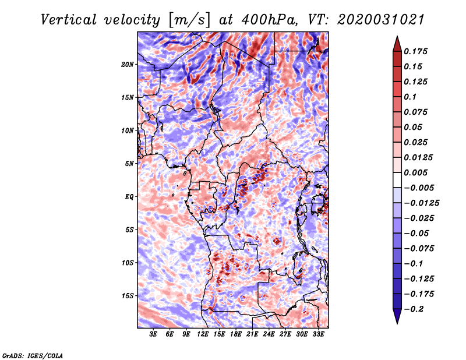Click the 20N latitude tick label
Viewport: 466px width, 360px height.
pos(128,64)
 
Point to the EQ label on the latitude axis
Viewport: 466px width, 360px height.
pos(129,196)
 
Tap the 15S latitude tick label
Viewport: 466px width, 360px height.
pos(128,295)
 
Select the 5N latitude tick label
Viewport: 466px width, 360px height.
pos(129,163)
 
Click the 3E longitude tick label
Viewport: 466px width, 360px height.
pos(153,334)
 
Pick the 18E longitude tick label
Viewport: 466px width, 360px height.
pos(236,334)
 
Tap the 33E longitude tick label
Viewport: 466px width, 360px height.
pos(318,334)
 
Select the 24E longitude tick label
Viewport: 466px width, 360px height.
pos(269,334)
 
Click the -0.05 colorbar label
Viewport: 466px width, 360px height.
pos(418,233)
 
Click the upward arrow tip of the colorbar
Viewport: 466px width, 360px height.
pos(397,38)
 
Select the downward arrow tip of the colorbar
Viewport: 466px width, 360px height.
pos(397,322)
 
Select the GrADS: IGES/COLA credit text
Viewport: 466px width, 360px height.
pos(32,355)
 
